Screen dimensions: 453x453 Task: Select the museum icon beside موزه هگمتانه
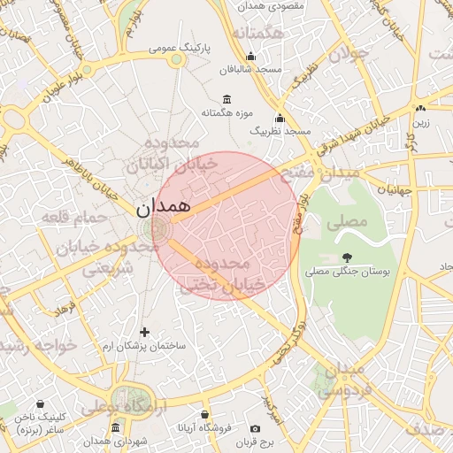point(227,98)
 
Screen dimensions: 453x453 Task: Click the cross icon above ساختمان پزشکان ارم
point(145,331)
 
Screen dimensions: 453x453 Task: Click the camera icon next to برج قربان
point(256,428)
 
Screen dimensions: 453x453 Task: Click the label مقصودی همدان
point(272,6)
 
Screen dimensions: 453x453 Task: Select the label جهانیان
point(395,189)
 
